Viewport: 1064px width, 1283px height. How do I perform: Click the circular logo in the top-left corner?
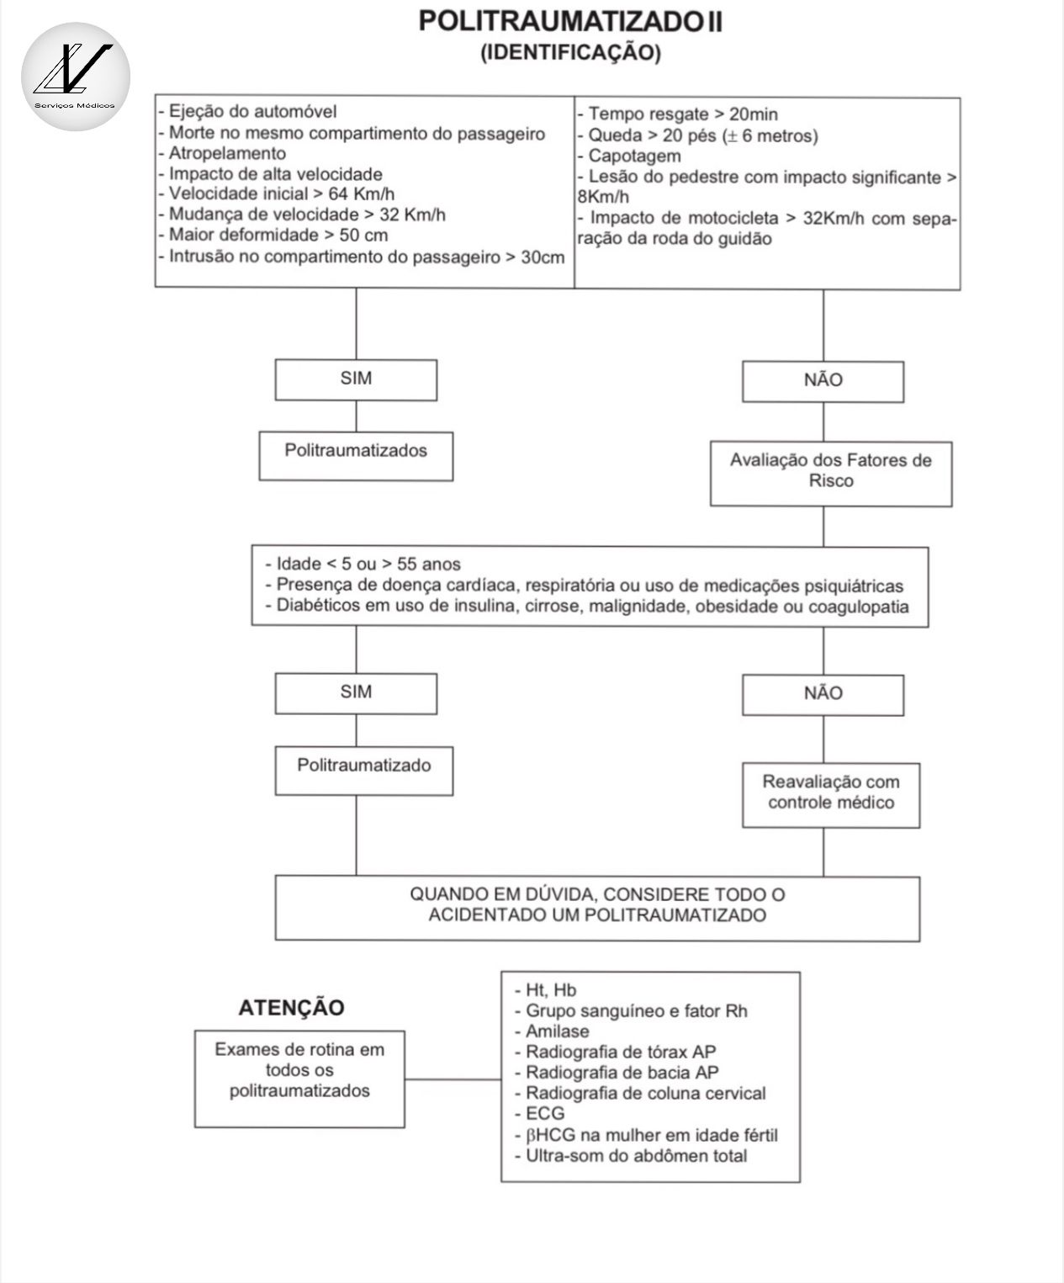click(x=76, y=77)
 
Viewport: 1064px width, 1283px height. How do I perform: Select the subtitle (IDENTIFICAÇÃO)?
click(x=570, y=53)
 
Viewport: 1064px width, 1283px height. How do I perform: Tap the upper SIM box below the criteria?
click(x=356, y=379)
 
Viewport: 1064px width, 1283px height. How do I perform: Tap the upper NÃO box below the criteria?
click(x=823, y=381)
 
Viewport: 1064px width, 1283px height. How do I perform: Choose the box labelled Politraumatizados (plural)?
click(x=356, y=456)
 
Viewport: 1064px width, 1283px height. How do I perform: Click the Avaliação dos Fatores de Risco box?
click(x=831, y=474)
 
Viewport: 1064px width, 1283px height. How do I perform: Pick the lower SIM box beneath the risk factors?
click(x=356, y=693)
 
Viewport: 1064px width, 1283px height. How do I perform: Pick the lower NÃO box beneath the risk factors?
click(x=823, y=695)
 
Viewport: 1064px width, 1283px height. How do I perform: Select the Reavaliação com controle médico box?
click(x=831, y=795)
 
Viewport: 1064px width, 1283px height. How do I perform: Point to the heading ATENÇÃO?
click(x=291, y=1008)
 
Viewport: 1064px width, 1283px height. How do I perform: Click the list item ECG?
click(x=545, y=1114)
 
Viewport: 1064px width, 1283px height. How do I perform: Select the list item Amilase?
click(x=557, y=1031)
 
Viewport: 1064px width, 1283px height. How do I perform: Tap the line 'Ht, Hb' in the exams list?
click(x=551, y=990)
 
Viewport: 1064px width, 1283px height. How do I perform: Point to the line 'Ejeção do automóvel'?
click(x=252, y=112)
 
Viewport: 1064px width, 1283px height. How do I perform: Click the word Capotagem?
click(x=634, y=156)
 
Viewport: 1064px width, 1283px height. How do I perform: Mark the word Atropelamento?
click(x=227, y=154)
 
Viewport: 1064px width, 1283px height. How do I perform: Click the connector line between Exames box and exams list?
click(x=453, y=1079)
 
